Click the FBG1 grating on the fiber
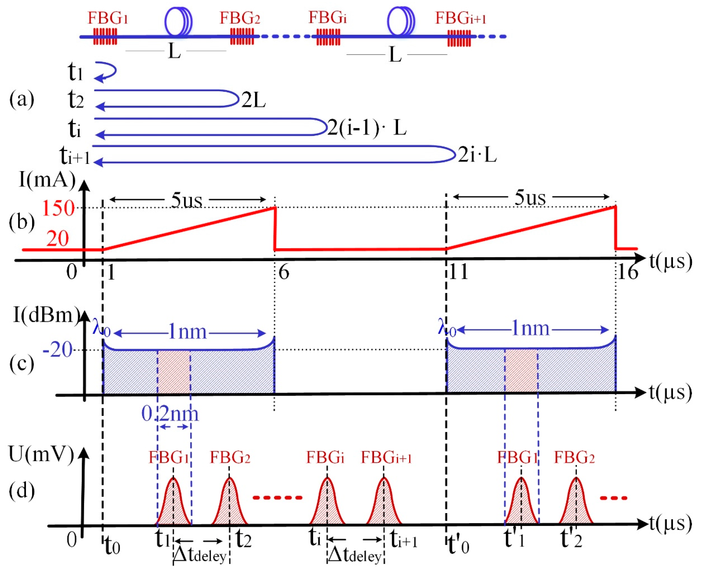pyautogui.click(x=105, y=36)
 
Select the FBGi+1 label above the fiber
pyautogui.click(x=460, y=18)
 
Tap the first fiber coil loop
pyautogui.click(x=178, y=21)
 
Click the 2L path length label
pyautogui.click(x=253, y=100)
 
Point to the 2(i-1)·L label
pyautogui.click(x=367, y=128)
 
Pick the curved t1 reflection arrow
pyautogui.click(x=106, y=72)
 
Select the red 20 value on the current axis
pyautogui.click(x=58, y=239)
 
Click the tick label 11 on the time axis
pyautogui.click(x=458, y=272)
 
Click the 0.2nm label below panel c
pyautogui.click(x=170, y=414)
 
